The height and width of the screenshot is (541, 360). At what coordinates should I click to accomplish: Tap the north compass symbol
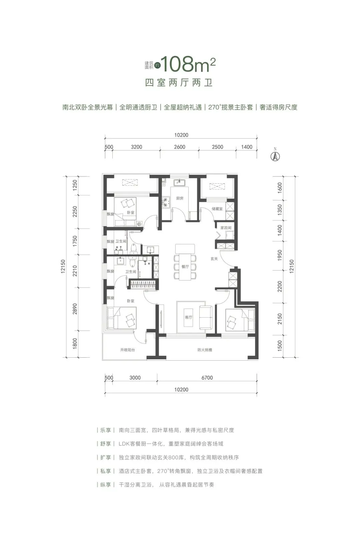[x=275, y=156]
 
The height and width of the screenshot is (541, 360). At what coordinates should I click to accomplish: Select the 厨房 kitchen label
[x=180, y=198]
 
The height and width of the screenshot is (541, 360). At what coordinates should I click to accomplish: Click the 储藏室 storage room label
[x=217, y=209]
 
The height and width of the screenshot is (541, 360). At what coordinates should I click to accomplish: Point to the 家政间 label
[x=226, y=228]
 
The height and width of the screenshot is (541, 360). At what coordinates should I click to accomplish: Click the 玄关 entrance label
[x=214, y=258]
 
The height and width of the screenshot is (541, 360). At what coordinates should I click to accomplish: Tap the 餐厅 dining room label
[x=185, y=266]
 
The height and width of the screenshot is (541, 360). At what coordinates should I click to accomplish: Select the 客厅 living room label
[x=189, y=317]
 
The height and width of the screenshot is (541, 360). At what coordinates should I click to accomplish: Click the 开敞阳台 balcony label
[x=127, y=350]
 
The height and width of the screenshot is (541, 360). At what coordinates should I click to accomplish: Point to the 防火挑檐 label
[x=205, y=350]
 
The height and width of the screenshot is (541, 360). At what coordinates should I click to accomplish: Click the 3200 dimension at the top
[x=136, y=147]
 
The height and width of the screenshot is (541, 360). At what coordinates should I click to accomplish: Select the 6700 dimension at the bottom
[x=207, y=378]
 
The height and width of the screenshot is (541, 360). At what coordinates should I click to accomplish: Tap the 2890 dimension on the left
[x=75, y=309]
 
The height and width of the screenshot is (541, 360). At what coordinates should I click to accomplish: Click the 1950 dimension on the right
[x=280, y=255]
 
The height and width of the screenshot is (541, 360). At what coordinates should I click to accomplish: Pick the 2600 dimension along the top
[x=179, y=147]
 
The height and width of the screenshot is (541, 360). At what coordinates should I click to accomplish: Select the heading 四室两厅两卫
[x=179, y=82]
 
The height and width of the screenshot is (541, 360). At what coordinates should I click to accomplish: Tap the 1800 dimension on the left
[x=75, y=344]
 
